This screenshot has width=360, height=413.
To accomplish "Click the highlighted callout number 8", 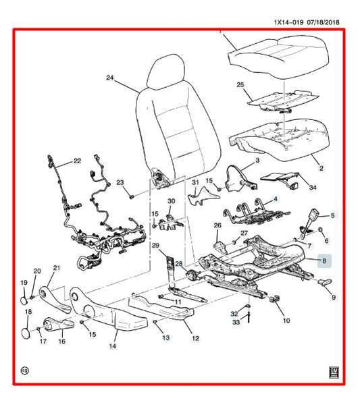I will click(324, 259).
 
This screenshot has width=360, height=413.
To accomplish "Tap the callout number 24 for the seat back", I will click(111, 78).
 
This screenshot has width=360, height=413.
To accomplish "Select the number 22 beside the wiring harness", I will click(76, 161).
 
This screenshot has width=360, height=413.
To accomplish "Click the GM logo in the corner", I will click(333, 370).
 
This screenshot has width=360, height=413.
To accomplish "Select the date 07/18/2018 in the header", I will click(320, 22).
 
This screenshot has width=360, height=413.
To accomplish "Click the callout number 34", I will click(294, 189).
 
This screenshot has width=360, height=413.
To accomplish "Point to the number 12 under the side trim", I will click(196, 339).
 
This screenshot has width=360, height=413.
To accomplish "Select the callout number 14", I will click(113, 346).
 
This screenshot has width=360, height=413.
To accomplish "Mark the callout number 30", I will click(171, 200).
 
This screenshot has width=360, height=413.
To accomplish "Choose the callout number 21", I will click(57, 268).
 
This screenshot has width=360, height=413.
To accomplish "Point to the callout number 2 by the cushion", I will click(321, 168).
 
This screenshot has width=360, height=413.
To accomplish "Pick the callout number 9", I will click(332, 298).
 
